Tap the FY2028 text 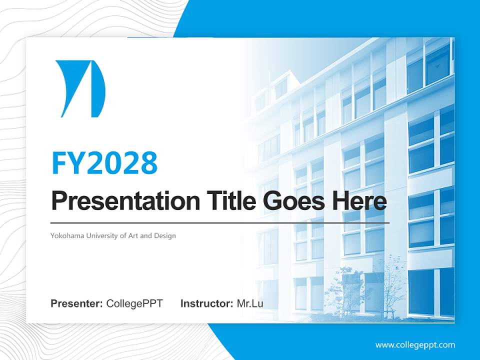click(x=104, y=163)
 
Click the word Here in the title click(x=359, y=201)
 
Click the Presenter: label click(x=77, y=303)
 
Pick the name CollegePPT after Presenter click(x=134, y=303)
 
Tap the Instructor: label click(x=206, y=303)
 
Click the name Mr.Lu click(x=250, y=303)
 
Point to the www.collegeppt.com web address click(x=415, y=345)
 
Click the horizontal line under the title click(x=220, y=222)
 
